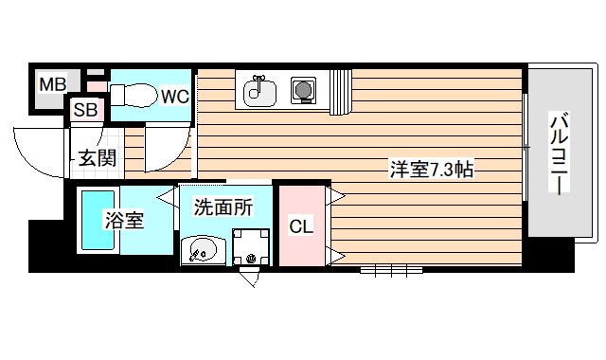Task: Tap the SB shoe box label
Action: pos(86,110)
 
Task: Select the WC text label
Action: pos(173,96)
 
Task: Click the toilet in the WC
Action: pos(133,95)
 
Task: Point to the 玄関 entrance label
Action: pos(97,157)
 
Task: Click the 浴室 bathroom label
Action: pos(124,221)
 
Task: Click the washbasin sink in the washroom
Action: pos(202,251)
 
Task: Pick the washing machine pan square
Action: pos(251,248)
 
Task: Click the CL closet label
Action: pos(301,226)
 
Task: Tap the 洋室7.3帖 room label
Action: pos(432,171)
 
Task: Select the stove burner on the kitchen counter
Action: pos(304,91)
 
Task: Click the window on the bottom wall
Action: pos(389,269)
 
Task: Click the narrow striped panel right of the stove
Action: pos(341,92)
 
